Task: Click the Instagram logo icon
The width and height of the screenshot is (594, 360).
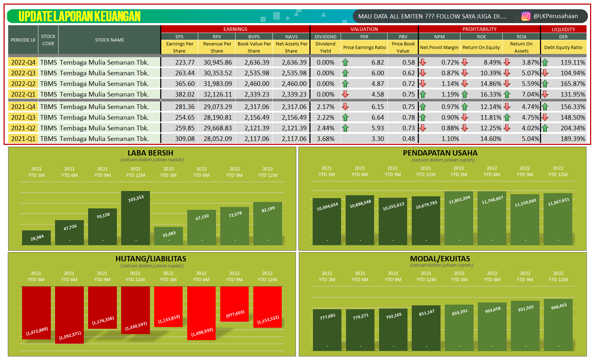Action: click(526, 16)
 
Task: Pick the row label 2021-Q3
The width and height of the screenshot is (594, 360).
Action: click(23, 118)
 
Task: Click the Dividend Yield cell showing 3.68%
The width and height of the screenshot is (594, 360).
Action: click(325, 139)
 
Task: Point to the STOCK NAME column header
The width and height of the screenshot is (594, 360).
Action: click(109, 40)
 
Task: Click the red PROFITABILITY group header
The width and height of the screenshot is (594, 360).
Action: click(479, 29)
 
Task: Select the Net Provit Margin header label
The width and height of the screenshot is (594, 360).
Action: click(439, 47)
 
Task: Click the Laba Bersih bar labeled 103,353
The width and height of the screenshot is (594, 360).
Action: click(135, 218)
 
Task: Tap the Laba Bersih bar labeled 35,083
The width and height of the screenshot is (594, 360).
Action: click(169, 236)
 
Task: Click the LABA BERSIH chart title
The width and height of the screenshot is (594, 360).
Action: click(150, 153)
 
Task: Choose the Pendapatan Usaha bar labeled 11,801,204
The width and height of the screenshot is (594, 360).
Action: click(459, 218)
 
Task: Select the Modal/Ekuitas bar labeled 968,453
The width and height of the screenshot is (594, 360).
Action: click(558, 325)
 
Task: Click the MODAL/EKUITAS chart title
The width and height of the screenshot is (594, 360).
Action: click(440, 259)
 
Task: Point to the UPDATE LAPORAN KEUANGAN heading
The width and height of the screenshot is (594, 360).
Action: click(80, 16)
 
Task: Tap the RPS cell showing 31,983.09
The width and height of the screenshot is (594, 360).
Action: click(217, 84)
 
